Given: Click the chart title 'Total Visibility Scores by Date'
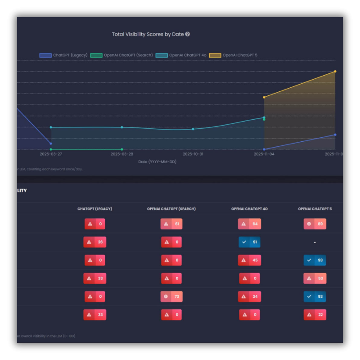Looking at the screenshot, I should [148, 34].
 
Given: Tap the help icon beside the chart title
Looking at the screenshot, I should [188, 34].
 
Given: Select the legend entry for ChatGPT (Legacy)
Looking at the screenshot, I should [63, 55].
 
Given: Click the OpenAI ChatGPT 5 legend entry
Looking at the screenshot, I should [233, 55].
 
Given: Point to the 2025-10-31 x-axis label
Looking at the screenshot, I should [193, 154].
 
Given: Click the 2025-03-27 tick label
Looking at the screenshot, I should [51, 154].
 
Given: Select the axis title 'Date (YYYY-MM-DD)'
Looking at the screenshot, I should [157, 161].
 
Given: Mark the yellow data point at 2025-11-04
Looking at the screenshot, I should [264, 97].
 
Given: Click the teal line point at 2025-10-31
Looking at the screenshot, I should [193, 129].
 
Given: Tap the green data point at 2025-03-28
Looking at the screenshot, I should [122, 149].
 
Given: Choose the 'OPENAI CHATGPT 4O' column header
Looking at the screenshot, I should [249, 209].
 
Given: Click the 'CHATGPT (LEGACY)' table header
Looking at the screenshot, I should [94, 209].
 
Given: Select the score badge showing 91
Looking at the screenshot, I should [249, 242].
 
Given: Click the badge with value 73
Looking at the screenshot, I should [171, 297].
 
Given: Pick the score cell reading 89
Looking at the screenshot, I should [315, 224].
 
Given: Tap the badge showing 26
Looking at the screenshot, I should [94, 242].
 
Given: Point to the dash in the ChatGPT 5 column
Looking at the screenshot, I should [315, 243].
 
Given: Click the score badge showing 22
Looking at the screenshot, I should [315, 315].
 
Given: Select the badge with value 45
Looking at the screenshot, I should [249, 260].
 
